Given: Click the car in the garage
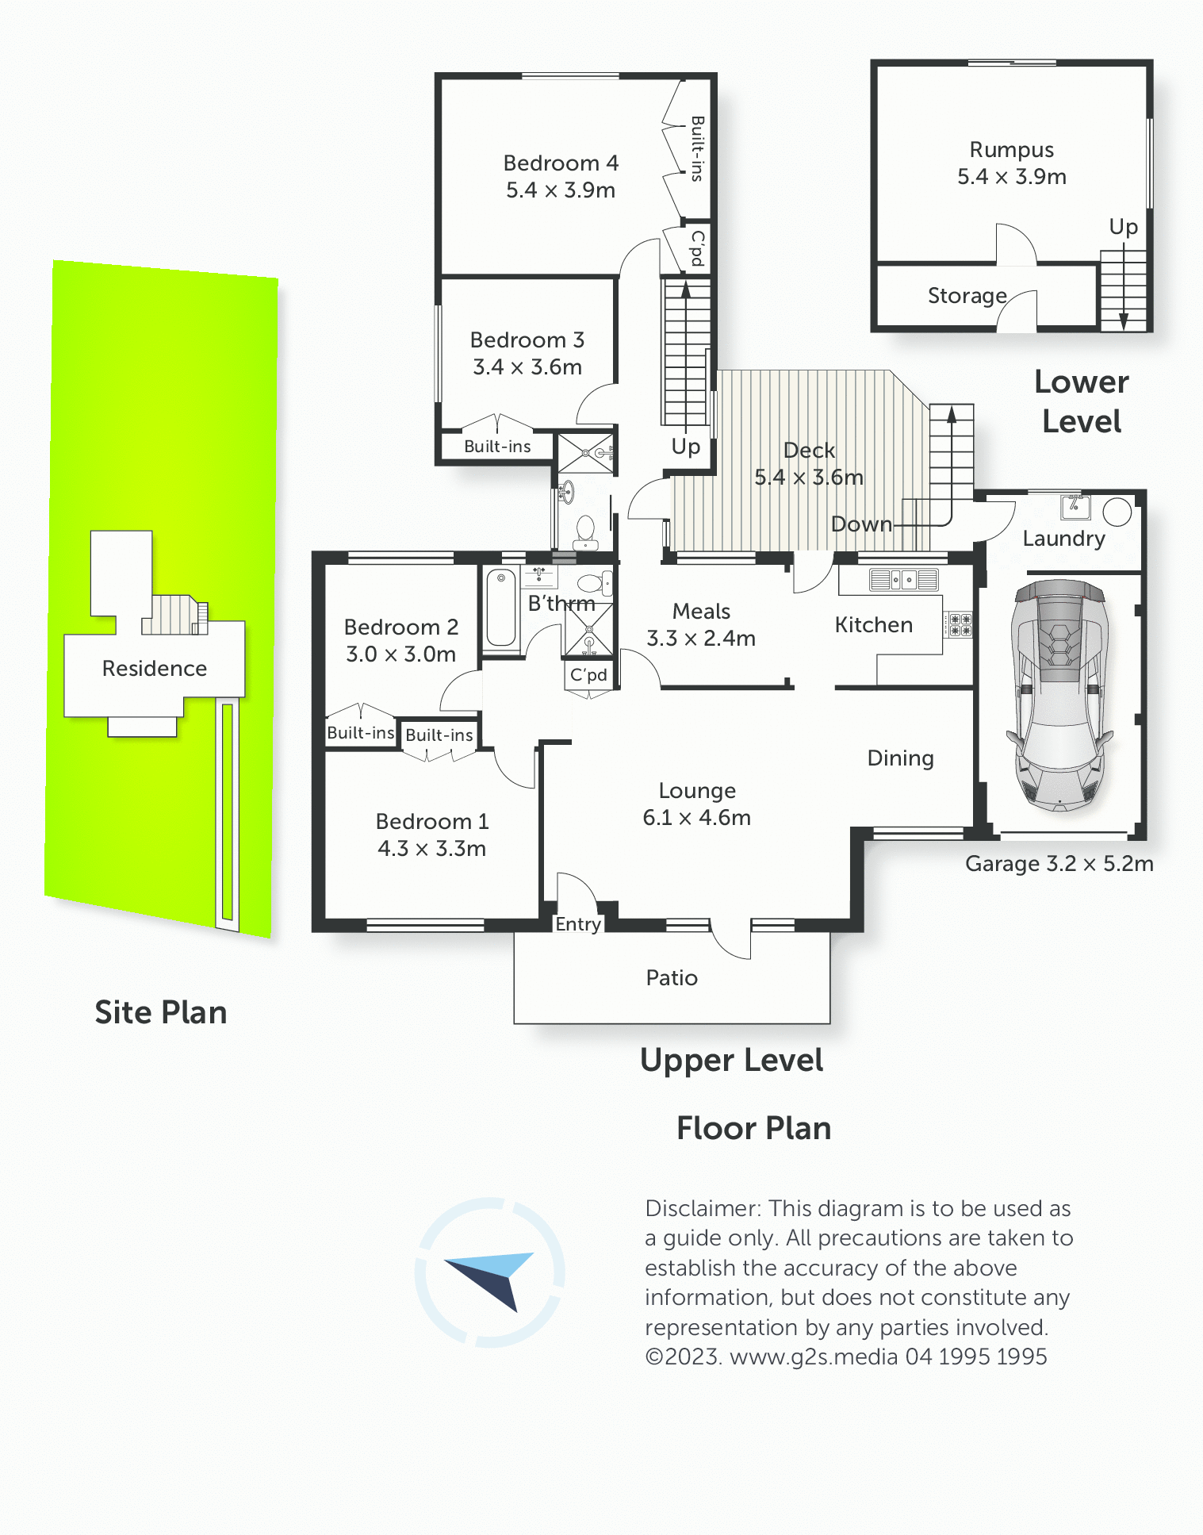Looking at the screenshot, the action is (1059, 695).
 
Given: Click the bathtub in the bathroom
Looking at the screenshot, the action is (501, 608).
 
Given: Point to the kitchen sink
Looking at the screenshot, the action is (904, 580).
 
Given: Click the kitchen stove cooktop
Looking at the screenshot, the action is (960, 625).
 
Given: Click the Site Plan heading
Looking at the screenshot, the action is (161, 1013).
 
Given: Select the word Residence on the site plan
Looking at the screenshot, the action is (155, 669).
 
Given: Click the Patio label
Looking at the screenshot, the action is (672, 978).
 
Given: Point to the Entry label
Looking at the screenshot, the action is (578, 925).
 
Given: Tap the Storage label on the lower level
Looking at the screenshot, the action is (967, 297).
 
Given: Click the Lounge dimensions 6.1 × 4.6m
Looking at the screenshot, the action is (696, 818).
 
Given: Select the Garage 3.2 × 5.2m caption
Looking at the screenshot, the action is (1059, 864).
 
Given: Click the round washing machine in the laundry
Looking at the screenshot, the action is (1117, 512).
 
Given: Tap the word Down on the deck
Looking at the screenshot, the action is (861, 524).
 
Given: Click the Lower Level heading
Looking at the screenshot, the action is (1082, 402).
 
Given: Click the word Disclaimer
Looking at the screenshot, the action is (703, 1209).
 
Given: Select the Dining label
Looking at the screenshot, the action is (901, 759).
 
